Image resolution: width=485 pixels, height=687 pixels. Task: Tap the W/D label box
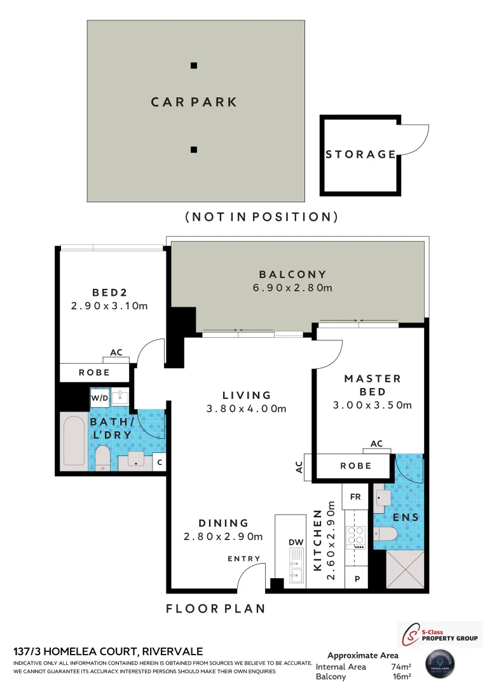tap(100, 398)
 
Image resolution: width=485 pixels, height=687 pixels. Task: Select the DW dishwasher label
tap(296, 542)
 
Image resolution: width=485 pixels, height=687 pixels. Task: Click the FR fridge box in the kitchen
tap(355, 497)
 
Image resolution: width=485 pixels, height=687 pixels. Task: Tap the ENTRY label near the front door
tap(245, 559)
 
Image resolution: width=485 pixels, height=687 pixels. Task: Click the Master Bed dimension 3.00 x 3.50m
tap(372, 405)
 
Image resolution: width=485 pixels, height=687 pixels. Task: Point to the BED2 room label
tap(110, 293)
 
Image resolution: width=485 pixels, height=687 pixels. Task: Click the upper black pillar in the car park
tap(194, 66)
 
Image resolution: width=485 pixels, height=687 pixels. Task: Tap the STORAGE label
tap(360, 154)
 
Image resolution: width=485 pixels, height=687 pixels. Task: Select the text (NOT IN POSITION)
tap(261, 217)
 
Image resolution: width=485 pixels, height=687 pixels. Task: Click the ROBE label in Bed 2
tap(94, 372)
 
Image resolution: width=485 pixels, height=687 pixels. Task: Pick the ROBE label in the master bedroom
tap(355, 466)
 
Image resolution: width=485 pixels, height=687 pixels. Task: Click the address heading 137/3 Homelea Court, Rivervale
tap(108, 651)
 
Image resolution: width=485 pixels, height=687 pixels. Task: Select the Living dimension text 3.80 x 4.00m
tap(247, 408)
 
